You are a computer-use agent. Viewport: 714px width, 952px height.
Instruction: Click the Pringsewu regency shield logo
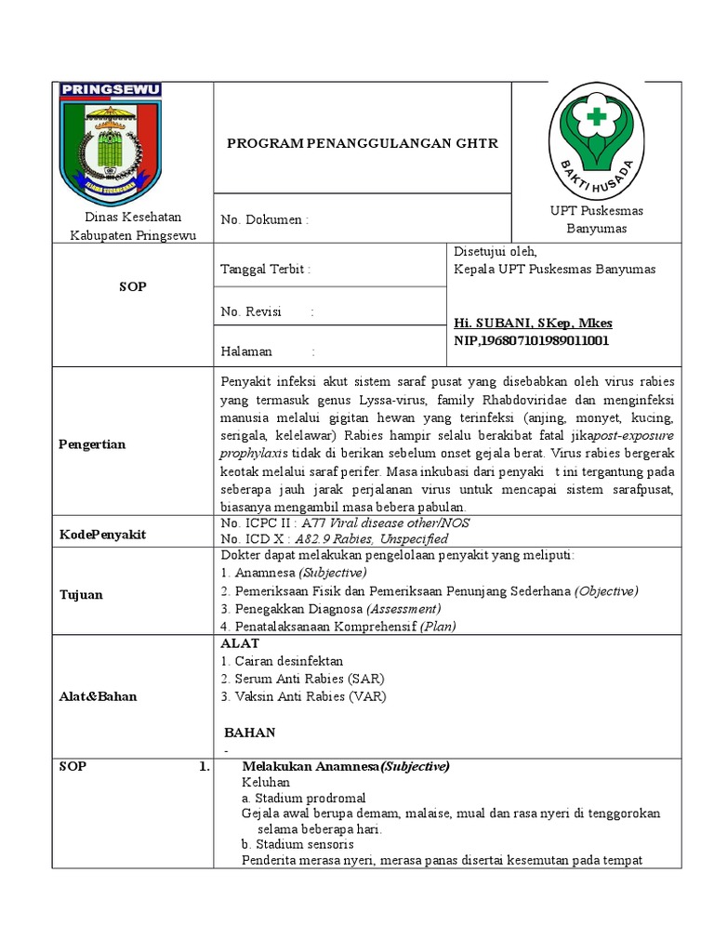click(111, 137)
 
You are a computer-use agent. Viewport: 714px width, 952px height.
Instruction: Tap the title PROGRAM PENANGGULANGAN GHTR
click(363, 143)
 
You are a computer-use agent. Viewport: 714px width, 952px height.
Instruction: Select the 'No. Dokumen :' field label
click(264, 219)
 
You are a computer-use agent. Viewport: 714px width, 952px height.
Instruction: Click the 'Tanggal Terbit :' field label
click(265, 270)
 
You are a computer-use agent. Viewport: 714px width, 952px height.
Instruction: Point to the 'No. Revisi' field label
click(251, 311)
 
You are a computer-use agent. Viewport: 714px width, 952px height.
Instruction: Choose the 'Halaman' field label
click(246, 351)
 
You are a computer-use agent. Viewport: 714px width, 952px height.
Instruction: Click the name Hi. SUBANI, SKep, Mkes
click(533, 323)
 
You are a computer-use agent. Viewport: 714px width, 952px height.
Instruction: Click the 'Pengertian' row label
click(92, 444)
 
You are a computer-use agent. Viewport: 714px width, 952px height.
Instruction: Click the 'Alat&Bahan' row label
click(98, 695)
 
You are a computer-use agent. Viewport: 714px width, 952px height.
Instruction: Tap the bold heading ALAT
click(240, 643)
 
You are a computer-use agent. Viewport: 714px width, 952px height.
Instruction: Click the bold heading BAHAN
click(250, 733)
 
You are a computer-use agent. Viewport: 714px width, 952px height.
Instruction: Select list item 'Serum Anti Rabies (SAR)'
click(302, 679)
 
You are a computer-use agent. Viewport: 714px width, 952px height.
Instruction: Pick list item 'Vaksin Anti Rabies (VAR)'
click(304, 696)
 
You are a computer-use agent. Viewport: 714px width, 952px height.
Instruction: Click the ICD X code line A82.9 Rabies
click(363, 539)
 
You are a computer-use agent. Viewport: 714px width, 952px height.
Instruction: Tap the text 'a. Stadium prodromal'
click(303, 798)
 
